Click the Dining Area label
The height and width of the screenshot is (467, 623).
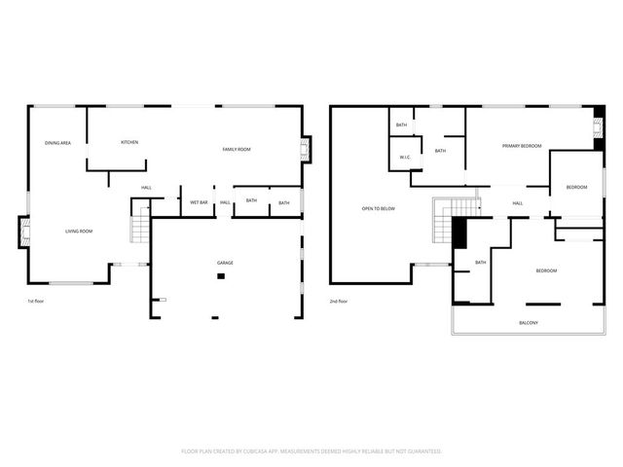[57, 143]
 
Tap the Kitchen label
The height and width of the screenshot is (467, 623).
[129, 142]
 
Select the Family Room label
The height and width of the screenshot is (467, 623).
[237, 149]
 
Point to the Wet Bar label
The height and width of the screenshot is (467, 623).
[199, 202]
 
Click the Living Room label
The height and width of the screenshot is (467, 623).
[79, 231]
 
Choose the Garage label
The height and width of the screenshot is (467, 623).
[225, 263]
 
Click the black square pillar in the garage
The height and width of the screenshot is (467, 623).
[221, 276]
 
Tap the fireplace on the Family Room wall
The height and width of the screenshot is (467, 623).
[305, 149]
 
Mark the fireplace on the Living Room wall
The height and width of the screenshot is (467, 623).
[23, 232]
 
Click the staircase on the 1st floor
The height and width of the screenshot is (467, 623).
[139, 226]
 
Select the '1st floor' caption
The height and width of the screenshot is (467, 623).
[37, 302]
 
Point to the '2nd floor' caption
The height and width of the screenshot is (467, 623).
[340, 302]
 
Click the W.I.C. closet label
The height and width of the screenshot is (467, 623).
[404, 158]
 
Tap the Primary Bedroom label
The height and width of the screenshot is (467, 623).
[522, 146]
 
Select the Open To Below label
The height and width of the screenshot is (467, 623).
[379, 208]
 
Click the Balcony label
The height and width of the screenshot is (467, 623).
[529, 323]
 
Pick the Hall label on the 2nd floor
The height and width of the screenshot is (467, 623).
[518, 203]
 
